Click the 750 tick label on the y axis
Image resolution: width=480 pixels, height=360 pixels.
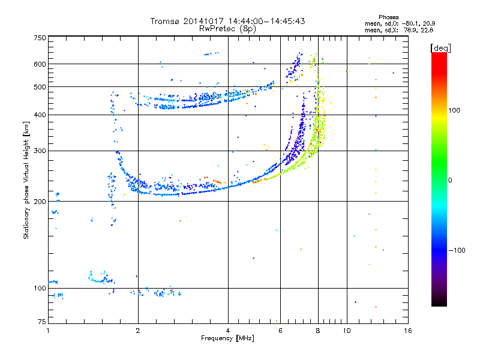(x=40, y=37)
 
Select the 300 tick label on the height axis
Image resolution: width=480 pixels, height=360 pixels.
(x=40, y=151)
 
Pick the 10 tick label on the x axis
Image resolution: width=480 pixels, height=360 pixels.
(x=346, y=330)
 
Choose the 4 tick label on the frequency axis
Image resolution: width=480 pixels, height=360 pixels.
(x=228, y=330)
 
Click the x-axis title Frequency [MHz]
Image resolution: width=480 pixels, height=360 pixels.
(x=228, y=338)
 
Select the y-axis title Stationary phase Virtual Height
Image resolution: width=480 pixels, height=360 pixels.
(x=26, y=180)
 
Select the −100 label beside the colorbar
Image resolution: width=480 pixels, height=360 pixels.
(x=456, y=250)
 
